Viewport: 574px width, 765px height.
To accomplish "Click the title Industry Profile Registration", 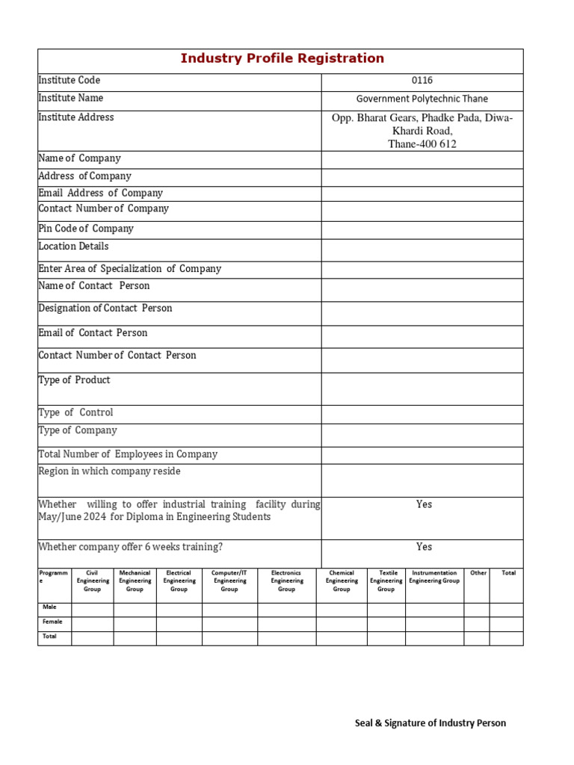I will (x=283, y=58).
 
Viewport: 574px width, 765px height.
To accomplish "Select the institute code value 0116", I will (x=422, y=81).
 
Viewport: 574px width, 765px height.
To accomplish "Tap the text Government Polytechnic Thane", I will (x=422, y=99).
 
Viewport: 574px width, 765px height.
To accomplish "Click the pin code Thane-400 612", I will (x=422, y=144).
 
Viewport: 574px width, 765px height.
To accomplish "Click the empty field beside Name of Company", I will (x=422, y=159).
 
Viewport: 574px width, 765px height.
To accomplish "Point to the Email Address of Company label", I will (x=100, y=193).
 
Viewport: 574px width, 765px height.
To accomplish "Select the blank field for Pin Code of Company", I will (x=422, y=229).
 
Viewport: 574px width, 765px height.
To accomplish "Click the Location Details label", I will (x=73, y=247).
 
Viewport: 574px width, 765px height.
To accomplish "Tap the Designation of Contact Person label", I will (x=105, y=309).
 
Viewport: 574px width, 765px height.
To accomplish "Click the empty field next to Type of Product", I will (x=422, y=388).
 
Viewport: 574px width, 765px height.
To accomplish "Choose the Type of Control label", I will (x=75, y=412).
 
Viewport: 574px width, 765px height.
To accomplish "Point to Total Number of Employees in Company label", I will (x=128, y=454).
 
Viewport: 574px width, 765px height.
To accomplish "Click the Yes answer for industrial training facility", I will (x=424, y=504).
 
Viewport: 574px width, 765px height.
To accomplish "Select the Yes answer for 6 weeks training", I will (x=424, y=547).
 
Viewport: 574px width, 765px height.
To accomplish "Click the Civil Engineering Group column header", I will (x=93, y=581).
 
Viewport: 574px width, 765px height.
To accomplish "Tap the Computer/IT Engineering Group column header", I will (x=229, y=581).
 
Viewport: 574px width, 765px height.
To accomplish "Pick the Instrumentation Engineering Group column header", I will (x=434, y=577).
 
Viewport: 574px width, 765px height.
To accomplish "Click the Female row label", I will (x=53, y=622).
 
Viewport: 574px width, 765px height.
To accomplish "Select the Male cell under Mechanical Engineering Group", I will (x=135, y=608).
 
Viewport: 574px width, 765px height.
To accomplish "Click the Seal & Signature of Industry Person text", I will (x=430, y=722).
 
